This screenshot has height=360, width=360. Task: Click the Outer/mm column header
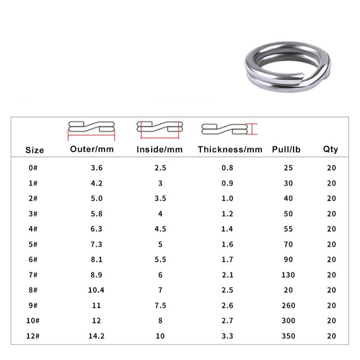(x=92, y=149)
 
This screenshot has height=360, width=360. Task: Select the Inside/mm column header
(x=160, y=149)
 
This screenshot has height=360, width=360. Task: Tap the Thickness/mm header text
(x=230, y=149)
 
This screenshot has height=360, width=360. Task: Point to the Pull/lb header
(x=286, y=149)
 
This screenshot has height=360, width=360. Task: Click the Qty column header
(x=331, y=149)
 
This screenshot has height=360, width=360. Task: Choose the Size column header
(x=35, y=150)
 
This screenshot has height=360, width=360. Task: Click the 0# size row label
(x=33, y=168)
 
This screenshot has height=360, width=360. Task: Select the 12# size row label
(x=33, y=336)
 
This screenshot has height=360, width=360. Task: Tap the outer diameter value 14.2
(x=96, y=336)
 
